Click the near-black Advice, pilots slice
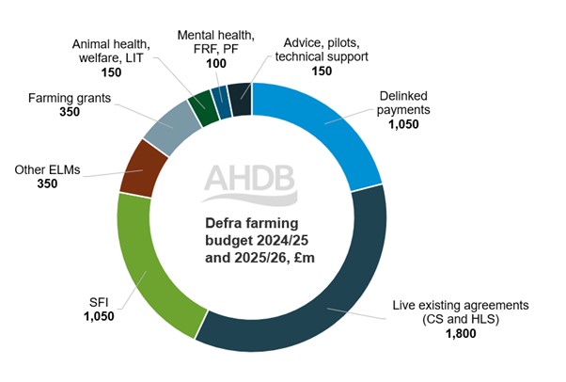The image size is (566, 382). [241, 96]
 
